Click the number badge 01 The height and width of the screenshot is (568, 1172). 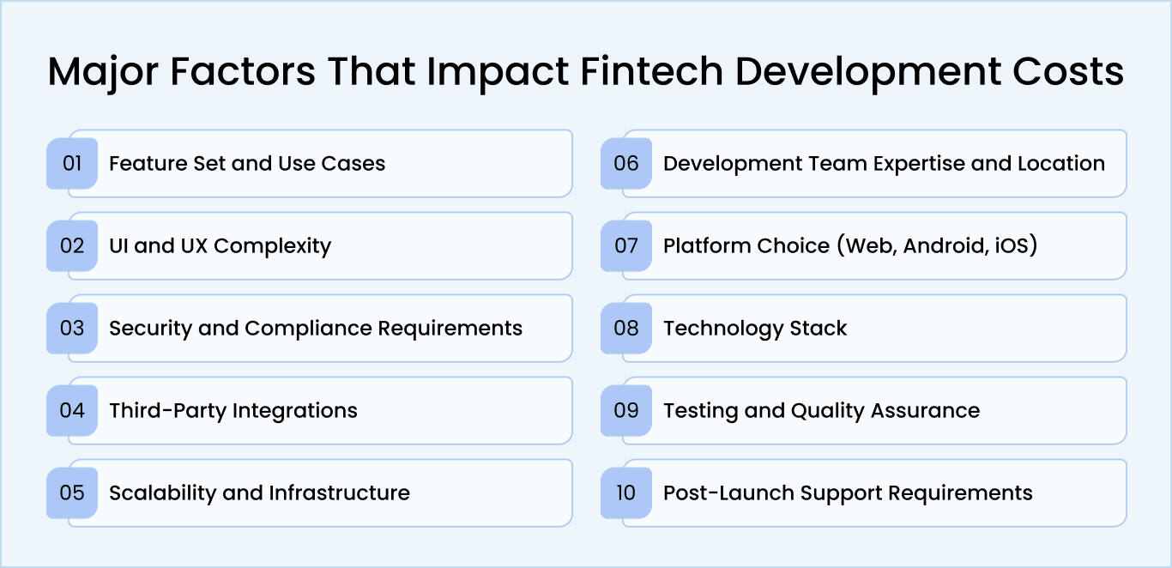72,163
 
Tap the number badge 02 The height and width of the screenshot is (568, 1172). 72,245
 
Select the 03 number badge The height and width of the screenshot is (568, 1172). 72,328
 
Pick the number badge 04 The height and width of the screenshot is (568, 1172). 72,410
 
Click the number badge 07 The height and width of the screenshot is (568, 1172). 626,245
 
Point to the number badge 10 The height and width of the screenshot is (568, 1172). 626,492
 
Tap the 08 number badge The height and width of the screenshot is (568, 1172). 626,328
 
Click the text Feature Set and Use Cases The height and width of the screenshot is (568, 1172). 247,163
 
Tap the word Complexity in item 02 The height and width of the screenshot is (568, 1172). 272,246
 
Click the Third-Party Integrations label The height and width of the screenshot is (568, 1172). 233,410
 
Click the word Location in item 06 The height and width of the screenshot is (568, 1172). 1060,163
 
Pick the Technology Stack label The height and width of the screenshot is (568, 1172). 755,329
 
